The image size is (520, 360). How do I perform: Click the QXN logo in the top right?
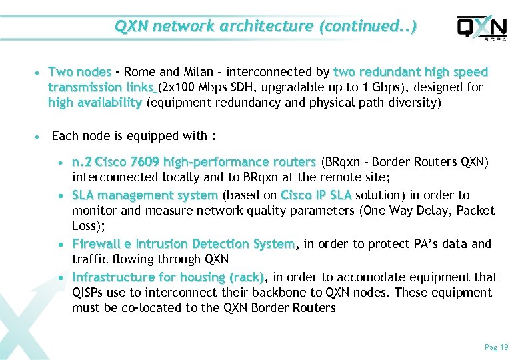coord(481,28)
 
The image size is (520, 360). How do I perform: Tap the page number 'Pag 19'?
coord(496,347)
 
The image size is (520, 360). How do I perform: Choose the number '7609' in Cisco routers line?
coord(145,162)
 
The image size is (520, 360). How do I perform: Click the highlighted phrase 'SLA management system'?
coord(145,195)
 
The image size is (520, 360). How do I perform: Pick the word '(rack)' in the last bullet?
coord(246,277)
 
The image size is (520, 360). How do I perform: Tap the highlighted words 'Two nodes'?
coord(80,72)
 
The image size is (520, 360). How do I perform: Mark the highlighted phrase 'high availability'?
coord(95,103)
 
